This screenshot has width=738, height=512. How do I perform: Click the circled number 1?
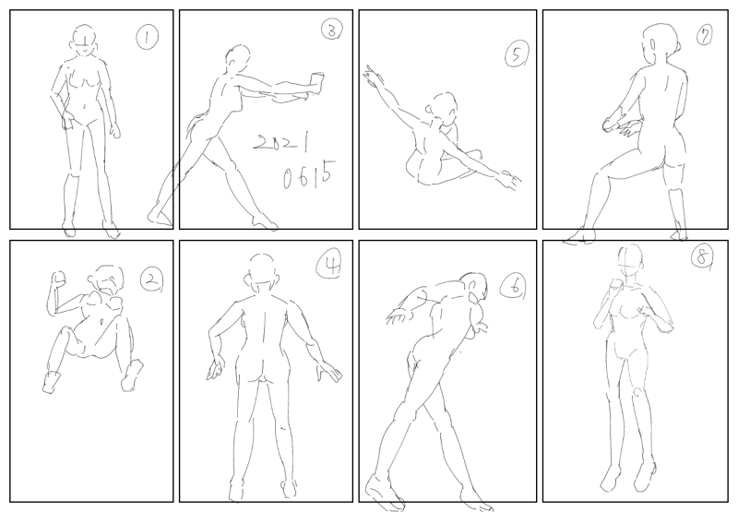pyautogui.click(x=148, y=37)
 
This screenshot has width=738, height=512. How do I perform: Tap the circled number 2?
pyautogui.click(x=151, y=280)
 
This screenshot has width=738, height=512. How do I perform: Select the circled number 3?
pyautogui.click(x=332, y=30)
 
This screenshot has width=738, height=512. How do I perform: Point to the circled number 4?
pyautogui.click(x=328, y=265)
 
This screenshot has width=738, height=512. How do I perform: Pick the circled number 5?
pyautogui.click(x=517, y=54)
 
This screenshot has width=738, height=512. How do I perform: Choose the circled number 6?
pyautogui.click(x=512, y=286)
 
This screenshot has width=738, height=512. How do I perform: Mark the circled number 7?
pyautogui.click(x=704, y=35)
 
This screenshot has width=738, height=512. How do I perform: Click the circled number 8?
pyautogui.click(x=702, y=257)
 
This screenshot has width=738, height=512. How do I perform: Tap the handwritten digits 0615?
pyautogui.click(x=310, y=174)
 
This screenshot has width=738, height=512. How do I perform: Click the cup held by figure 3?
pyautogui.click(x=316, y=83)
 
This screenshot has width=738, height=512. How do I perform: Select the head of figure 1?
pyautogui.click(x=84, y=41)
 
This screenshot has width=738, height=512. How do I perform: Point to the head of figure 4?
pyautogui.click(x=262, y=273)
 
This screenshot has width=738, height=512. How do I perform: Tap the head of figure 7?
pyautogui.click(x=661, y=42)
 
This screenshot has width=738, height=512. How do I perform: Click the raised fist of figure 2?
pyautogui.click(x=59, y=279)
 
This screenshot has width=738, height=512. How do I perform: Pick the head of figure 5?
pyautogui.click(x=443, y=109)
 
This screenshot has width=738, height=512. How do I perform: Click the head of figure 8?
pyautogui.click(x=630, y=262)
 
